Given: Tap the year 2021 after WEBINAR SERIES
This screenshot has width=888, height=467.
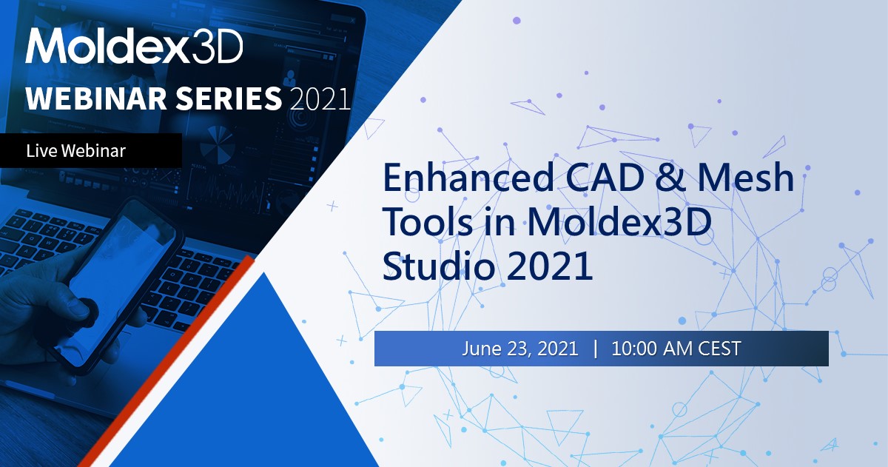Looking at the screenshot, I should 320,98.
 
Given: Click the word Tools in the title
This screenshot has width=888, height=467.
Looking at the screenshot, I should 424,223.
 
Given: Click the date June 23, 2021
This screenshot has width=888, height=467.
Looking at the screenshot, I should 520,349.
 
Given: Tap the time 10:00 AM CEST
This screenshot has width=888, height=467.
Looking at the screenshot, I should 676,349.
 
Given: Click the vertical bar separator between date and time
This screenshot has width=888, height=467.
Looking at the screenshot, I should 595,349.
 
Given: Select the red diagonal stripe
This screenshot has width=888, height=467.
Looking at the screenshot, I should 170,363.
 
